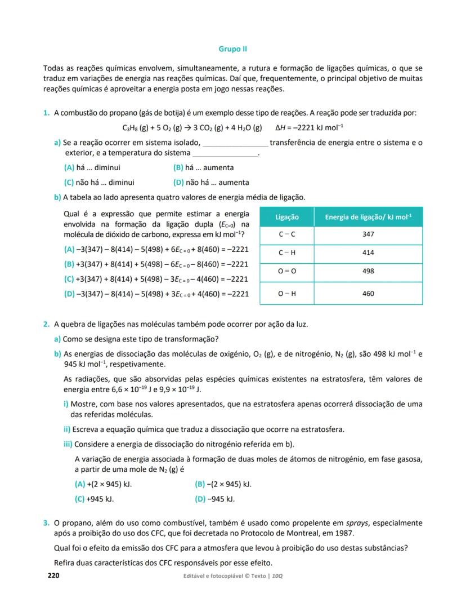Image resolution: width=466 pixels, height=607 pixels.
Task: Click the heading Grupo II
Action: coord(233,49)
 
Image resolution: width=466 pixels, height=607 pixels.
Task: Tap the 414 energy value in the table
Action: coord(368,252)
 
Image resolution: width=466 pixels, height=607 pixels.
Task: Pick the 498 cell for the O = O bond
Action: coord(368,271)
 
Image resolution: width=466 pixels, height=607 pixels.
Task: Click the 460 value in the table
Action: coord(368,293)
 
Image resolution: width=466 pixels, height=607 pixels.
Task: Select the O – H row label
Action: coord(287,293)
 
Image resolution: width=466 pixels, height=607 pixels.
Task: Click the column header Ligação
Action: coord(287,217)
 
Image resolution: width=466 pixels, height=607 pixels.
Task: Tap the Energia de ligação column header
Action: coord(368,217)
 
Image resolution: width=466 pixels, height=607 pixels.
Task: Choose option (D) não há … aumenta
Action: coord(212,182)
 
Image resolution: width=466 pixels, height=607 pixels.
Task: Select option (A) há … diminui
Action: coord(92,167)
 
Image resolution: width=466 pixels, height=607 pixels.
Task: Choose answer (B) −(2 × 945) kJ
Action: coord(223,484)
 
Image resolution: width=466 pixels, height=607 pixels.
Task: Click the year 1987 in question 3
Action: coord(344,533)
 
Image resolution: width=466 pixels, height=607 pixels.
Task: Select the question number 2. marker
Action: coord(46,324)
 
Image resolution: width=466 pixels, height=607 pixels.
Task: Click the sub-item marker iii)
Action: coord(68,444)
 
